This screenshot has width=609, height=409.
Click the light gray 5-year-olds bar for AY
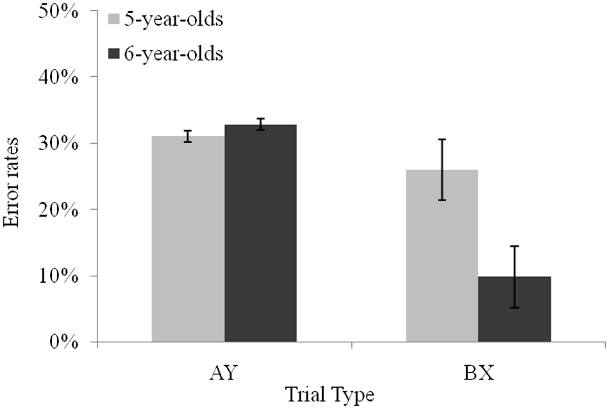point(188,239)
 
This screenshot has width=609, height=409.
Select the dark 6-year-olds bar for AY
point(260,233)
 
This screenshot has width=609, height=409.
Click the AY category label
point(223,373)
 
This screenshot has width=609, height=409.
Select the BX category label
point(479,373)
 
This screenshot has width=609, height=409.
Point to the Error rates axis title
point(11,182)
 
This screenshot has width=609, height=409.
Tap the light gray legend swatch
point(114,19)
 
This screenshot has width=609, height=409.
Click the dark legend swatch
point(114,54)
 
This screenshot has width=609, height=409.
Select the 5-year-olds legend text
point(174,19)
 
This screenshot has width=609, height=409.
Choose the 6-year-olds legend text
point(174,54)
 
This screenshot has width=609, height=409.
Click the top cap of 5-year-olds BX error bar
point(442,140)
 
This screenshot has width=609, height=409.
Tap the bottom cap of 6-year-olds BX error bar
point(515,308)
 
